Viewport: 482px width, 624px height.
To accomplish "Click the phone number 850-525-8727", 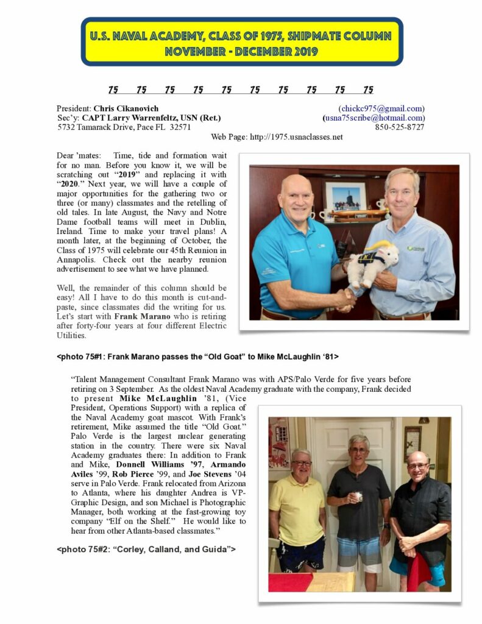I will point(400,127).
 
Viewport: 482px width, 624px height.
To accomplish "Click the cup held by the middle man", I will point(360,496).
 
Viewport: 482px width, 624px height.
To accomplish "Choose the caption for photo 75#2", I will point(146,549).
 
